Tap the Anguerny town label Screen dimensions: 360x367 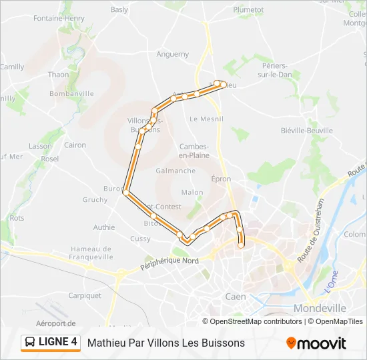[x=173, y=55]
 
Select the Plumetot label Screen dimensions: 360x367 [x=249, y=10]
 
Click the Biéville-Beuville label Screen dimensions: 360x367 [x=306, y=131]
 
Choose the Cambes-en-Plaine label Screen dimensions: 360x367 [x=194, y=151]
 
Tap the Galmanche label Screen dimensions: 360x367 [x=175, y=171]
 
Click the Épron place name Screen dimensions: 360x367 [x=221, y=179]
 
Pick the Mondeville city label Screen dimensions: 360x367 [x=320, y=308]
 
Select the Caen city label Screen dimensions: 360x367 [x=235, y=297]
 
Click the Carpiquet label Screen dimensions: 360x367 [x=85, y=295]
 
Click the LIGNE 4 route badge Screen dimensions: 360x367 [x=51, y=343]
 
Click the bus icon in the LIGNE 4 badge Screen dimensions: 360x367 [x=31, y=343]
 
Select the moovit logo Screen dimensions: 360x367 [x=316, y=343]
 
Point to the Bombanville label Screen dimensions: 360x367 [x=71, y=94]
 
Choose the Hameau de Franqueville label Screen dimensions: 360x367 [x=91, y=253]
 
